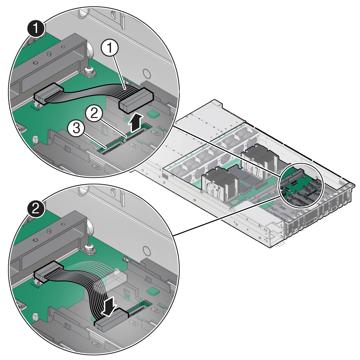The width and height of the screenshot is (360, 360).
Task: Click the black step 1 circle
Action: coord(36,29)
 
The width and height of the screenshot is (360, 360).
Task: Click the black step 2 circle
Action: coord(36,209)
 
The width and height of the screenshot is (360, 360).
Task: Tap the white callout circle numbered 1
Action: coord(110,48)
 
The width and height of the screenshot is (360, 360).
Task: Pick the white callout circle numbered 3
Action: coord(76,129)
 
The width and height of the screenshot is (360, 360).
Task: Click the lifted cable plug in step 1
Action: coord(136,100)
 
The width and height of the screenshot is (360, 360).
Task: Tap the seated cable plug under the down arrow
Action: coord(111,320)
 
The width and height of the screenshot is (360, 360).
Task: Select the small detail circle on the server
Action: coord(301,184)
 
